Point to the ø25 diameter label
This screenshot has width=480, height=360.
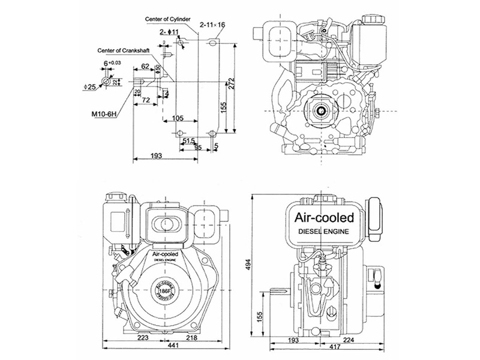tap(91, 87)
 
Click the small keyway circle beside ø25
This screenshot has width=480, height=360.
tap(106, 80)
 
